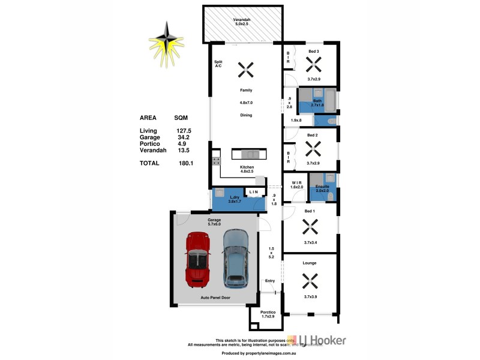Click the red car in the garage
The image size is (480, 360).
(196, 259)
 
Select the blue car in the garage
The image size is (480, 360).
(236, 258)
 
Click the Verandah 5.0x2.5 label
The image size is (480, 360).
(242, 23)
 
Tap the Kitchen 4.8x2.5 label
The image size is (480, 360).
(246, 169)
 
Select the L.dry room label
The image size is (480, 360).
(235, 198)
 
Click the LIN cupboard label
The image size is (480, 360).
(254, 192)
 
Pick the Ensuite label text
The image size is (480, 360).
(323, 188)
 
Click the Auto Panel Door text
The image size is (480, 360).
(215, 298)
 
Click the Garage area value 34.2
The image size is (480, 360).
(181, 137)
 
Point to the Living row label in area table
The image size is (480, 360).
(148, 131)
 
